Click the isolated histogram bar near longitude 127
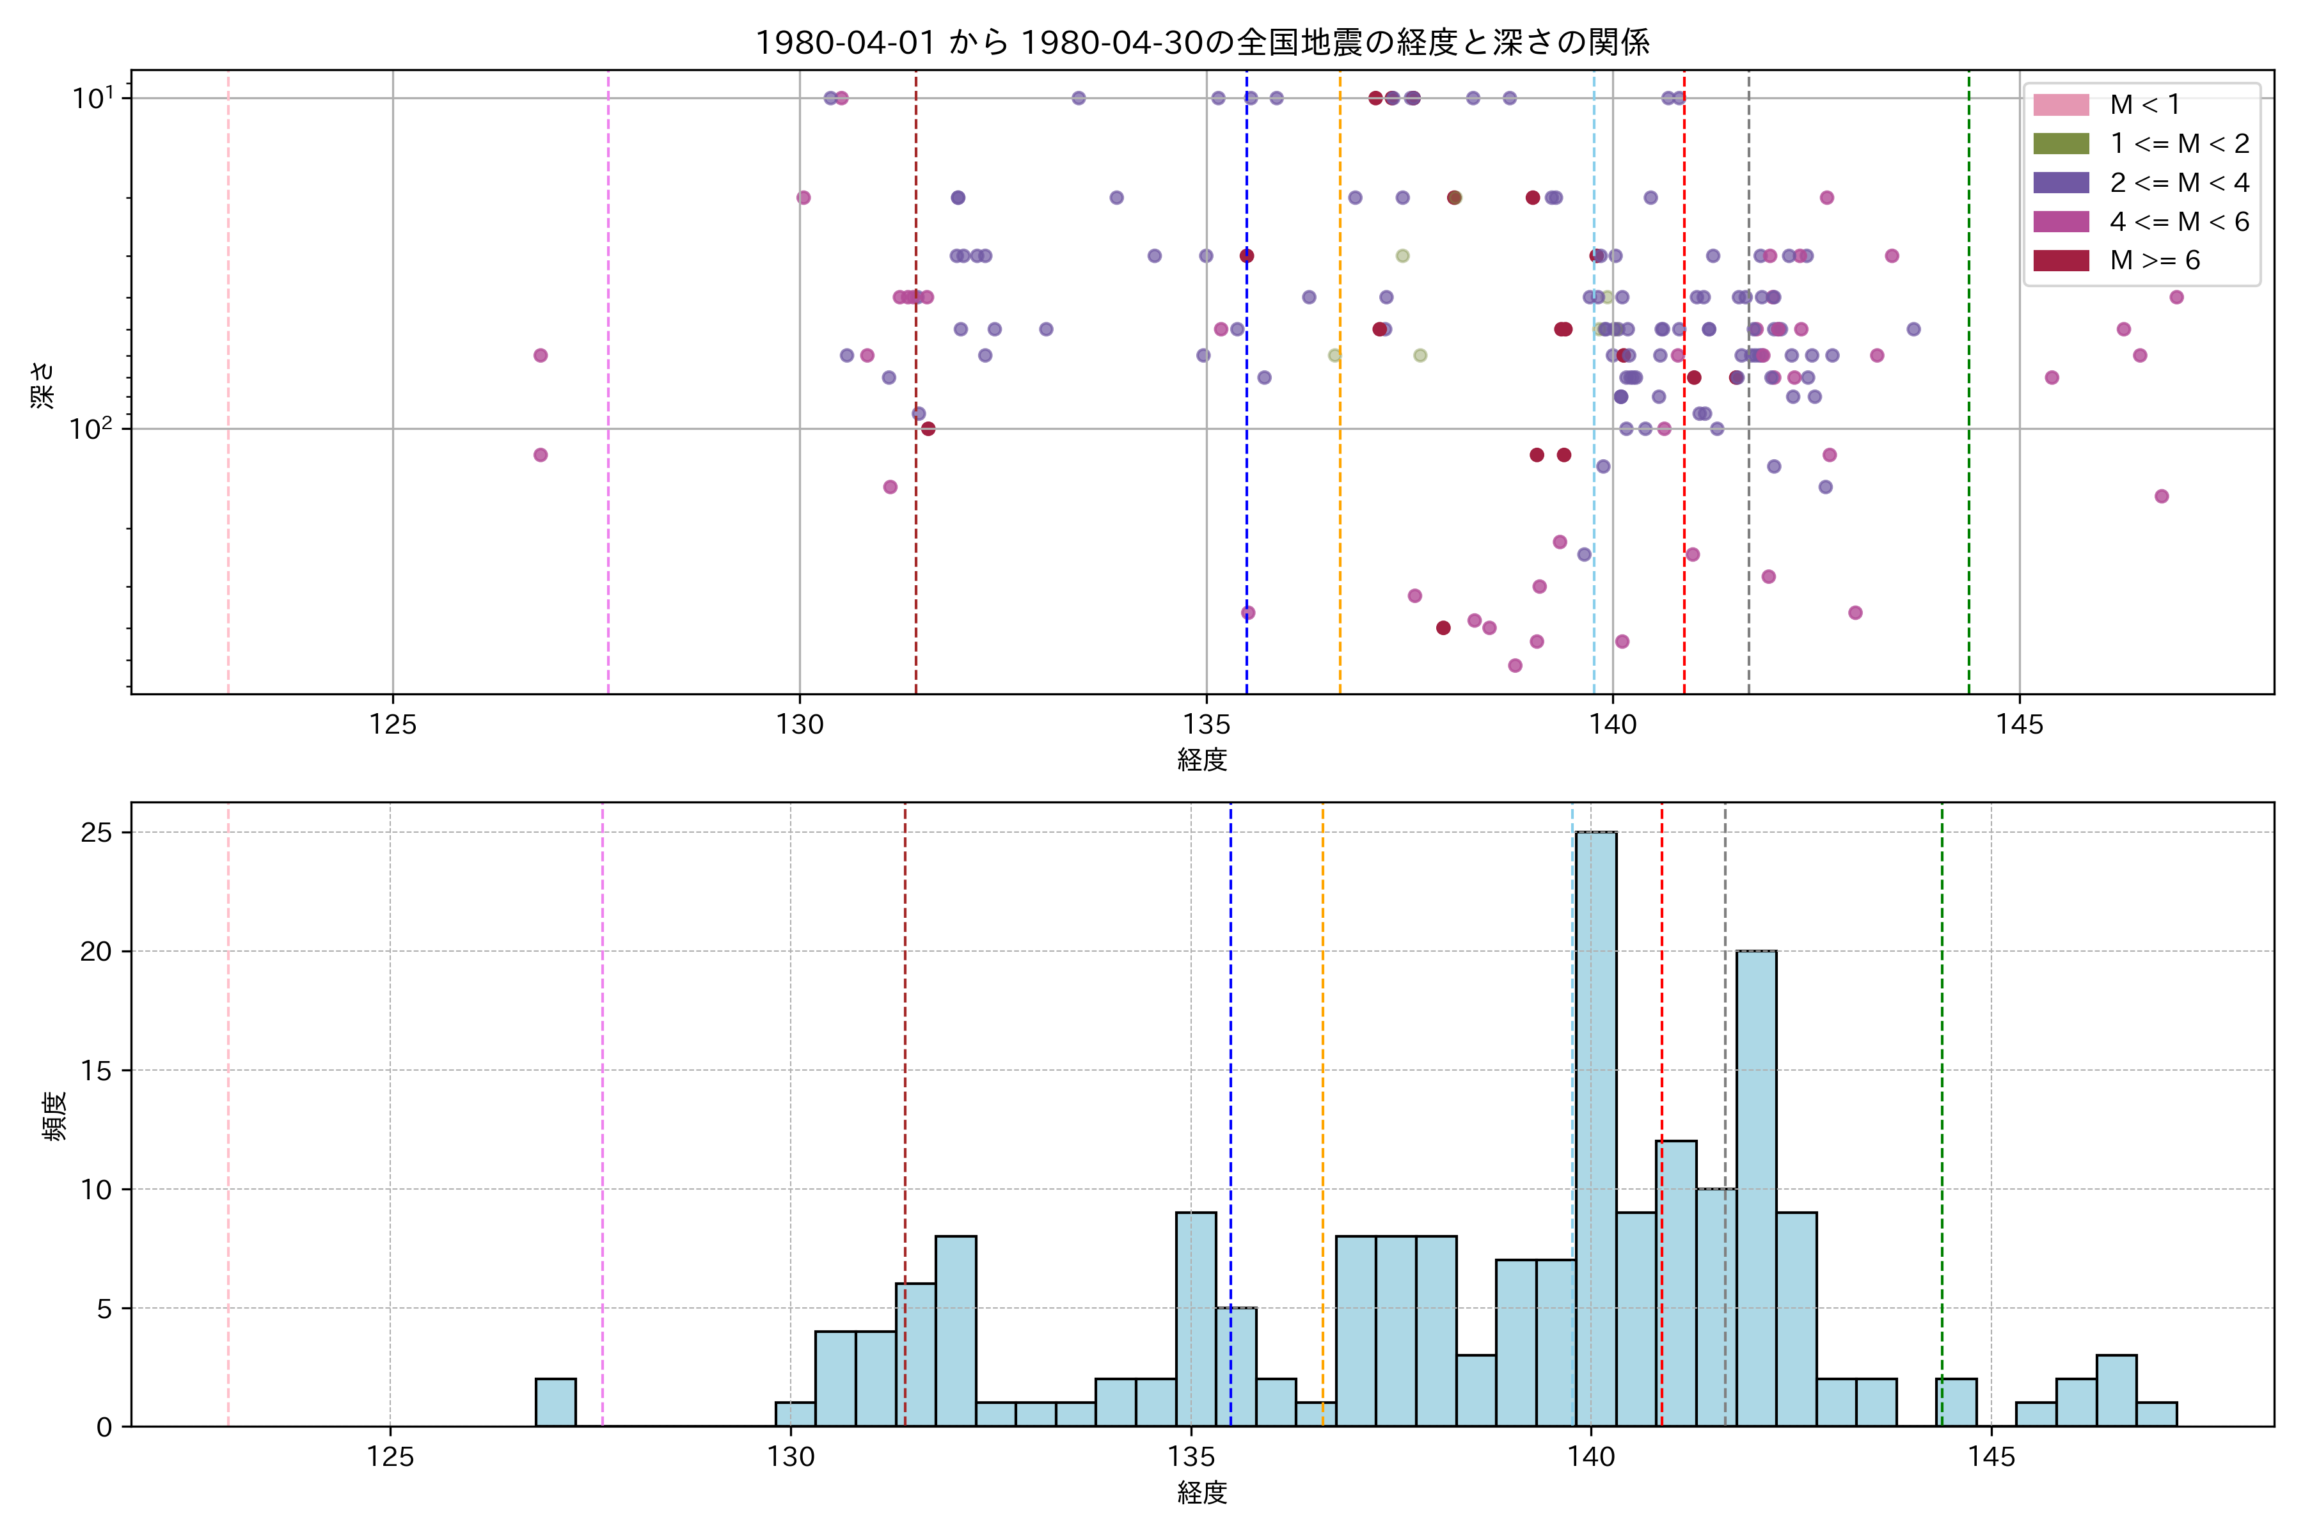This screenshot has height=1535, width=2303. click(x=555, y=1402)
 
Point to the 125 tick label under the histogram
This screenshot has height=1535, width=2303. click(x=390, y=1458)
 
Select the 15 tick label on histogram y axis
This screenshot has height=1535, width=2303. click(x=96, y=1071)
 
